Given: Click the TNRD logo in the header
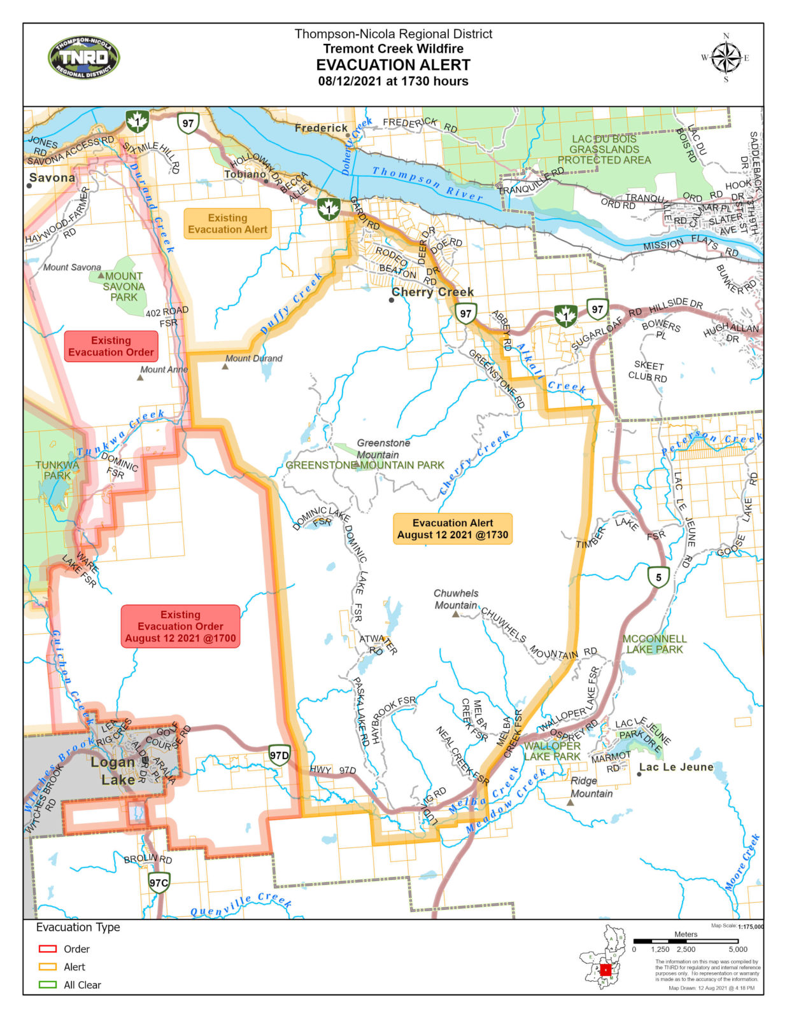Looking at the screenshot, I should [84, 57].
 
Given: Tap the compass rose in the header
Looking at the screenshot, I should [725, 58].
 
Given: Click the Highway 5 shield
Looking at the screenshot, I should [658, 577].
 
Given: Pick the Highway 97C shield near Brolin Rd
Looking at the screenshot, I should [159, 882].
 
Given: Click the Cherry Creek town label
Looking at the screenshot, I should [432, 292].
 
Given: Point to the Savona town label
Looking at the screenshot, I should [52, 178].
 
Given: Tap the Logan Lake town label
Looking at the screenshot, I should [113, 770].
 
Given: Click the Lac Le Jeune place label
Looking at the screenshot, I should [676, 767].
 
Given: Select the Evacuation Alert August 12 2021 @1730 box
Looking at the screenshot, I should [453, 529].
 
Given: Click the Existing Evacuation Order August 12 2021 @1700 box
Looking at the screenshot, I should [180, 626].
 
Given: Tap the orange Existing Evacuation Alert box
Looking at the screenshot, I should [227, 223].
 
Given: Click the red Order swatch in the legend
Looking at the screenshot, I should [48, 949].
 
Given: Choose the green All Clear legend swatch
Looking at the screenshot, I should [48, 984].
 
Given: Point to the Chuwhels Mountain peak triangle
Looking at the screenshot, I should [455, 615].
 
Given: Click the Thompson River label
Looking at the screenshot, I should [427, 184].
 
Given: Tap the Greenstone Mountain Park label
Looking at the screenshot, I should [365, 465].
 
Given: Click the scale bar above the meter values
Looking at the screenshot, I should [686, 941].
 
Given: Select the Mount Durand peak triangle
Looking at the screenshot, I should [225, 366].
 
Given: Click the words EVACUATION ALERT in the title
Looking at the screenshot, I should [393, 65].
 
